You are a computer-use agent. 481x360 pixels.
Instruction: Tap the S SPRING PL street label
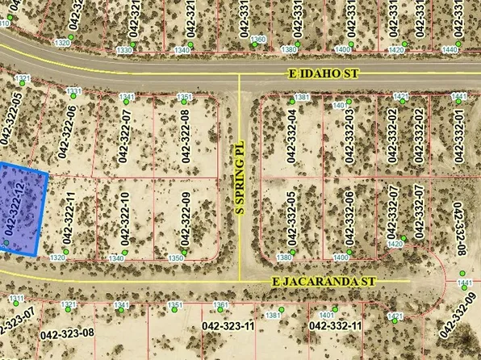pyautogui.click(x=239, y=178)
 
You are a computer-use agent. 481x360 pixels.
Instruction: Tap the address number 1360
pyautogui.click(x=258, y=39)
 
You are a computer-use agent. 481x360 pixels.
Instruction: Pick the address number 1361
pyautogui.click(x=221, y=304)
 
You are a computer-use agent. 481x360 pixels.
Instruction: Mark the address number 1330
pyautogui.click(x=124, y=50)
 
